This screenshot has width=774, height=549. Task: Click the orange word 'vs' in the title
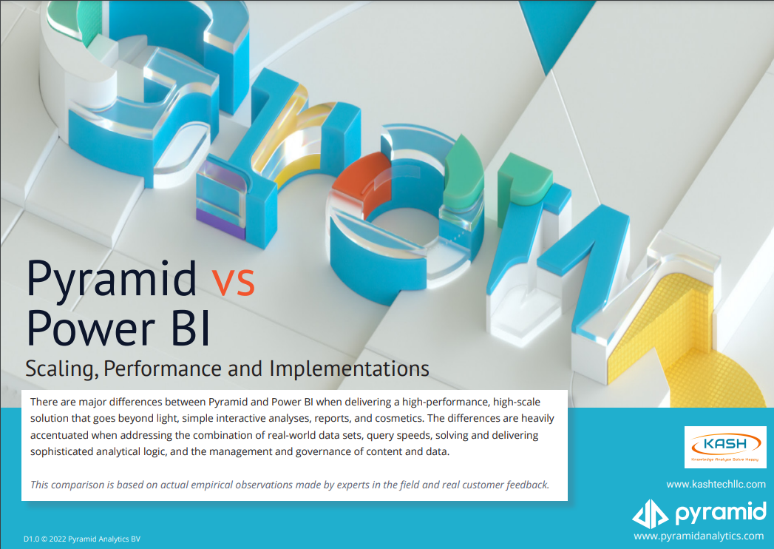coord(233,282)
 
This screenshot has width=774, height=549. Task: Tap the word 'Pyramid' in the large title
coord(112,279)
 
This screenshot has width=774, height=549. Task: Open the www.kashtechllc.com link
coord(716,484)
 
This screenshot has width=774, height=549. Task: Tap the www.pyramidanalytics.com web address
coord(699,536)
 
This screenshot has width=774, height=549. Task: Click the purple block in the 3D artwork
coord(220,225)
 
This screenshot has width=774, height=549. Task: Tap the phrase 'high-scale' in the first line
coord(515,402)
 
